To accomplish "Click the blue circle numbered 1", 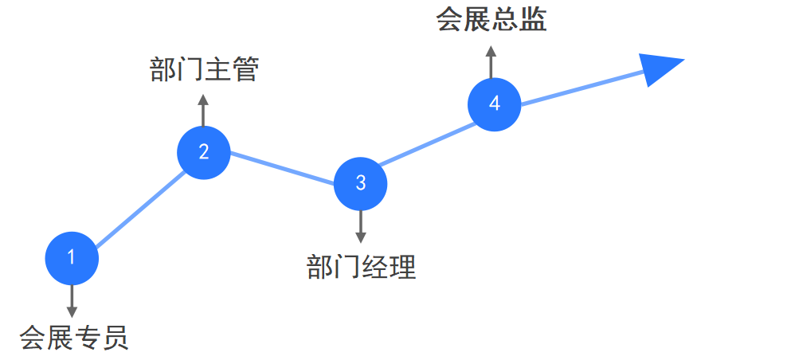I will (72, 257).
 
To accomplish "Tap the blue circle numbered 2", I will (203, 151).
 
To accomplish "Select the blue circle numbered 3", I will (360, 183).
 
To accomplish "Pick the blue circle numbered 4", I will (494, 104).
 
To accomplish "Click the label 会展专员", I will (73, 338).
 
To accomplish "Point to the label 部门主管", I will (205, 70).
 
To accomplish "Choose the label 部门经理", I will (361, 268).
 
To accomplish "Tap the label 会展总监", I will (491, 20).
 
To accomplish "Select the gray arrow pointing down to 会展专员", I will (72, 301).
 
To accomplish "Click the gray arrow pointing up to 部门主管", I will (203, 110).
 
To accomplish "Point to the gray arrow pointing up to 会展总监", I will (491, 61).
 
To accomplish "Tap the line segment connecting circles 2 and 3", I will (282, 168).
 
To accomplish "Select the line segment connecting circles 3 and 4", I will (425, 144).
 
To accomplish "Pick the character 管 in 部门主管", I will (246, 70).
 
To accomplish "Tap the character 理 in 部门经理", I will (402, 268).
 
